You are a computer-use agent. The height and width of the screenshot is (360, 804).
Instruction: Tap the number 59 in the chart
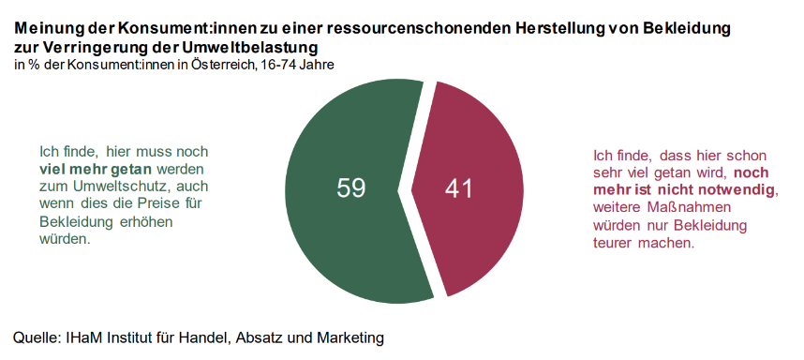coord(350,188)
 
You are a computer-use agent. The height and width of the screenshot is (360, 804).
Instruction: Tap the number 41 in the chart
coord(458,188)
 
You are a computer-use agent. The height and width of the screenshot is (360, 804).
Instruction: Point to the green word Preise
coord(158,203)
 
